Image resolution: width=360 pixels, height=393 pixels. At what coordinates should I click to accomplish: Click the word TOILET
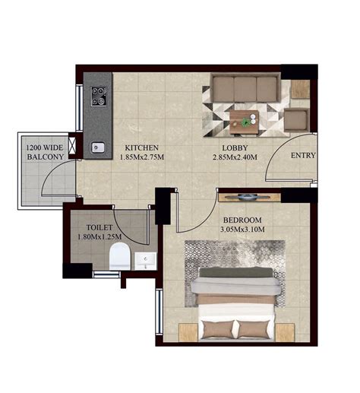102,227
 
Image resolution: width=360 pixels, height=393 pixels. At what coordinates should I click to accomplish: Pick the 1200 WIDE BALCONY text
45,151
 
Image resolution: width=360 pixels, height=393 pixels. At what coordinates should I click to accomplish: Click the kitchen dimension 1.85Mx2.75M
141,158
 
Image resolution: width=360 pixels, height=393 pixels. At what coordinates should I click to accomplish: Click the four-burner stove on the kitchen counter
99,96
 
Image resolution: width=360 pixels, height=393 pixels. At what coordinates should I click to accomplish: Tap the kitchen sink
97,147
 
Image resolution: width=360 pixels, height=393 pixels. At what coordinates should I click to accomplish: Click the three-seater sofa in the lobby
245,90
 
